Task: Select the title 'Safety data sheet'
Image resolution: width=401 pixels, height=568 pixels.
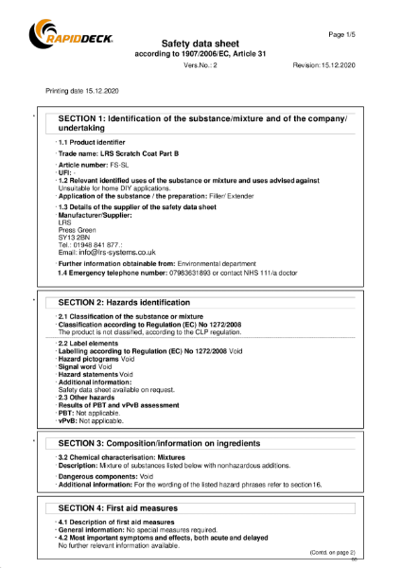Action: click(x=200, y=44)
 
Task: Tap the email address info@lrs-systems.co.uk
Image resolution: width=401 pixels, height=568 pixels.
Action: click(x=107, y=253)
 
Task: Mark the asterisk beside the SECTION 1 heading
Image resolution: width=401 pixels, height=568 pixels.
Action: click(x=34, y=117)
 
